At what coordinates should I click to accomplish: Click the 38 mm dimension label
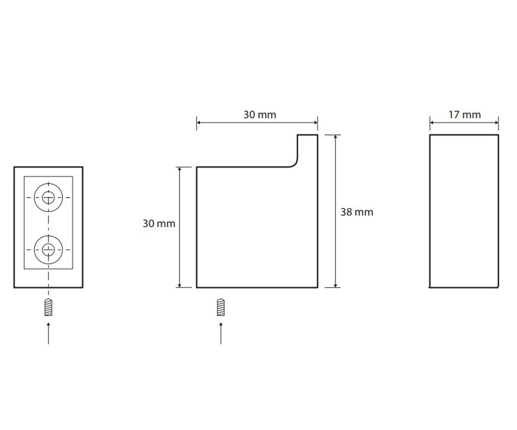[x=357, y=212]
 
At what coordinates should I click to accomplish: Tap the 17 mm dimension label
[x=464, y=115]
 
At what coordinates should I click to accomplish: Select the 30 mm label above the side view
[x=259, y=115]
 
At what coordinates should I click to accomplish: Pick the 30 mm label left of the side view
[x=159, y=224]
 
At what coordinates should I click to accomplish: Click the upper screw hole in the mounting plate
[x=48, y=197]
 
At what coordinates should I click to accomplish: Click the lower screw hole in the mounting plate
[x=48, y=249]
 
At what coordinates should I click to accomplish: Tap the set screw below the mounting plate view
[x=48, y=307]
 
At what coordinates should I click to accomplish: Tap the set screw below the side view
[x=221, y=307]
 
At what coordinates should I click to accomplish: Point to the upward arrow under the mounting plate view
[x=48, y=333]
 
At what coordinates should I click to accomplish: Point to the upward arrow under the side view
[x=221, y=333]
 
